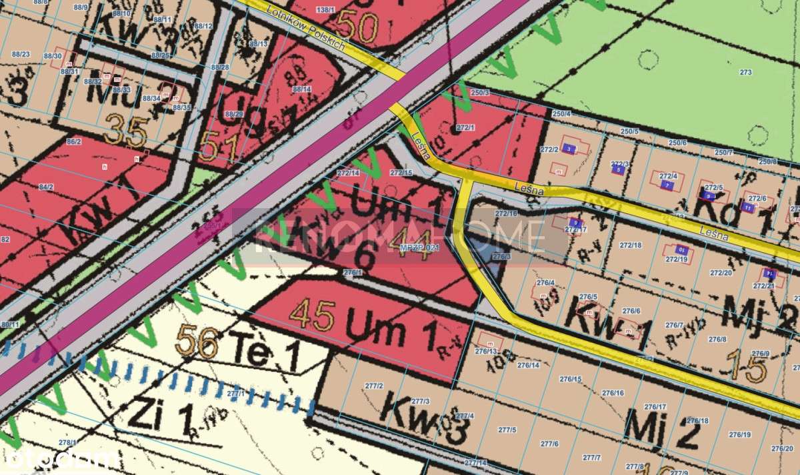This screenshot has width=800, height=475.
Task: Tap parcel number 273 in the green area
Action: coord(745,72)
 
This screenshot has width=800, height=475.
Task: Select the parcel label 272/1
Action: coord(465,127)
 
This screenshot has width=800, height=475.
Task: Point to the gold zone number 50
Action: coord(358,27)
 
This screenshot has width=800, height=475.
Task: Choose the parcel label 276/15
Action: coord(570,380)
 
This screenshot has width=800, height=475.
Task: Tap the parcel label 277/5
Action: coord(507,430)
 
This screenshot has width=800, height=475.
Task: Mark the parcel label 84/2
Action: coord(46,187)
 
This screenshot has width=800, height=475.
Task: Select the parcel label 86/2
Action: coord(73,141)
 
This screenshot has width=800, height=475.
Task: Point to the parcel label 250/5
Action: coord(629,131)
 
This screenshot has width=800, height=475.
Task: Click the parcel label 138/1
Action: coord(325,9)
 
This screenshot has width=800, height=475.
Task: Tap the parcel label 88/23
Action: coord(21,54)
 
